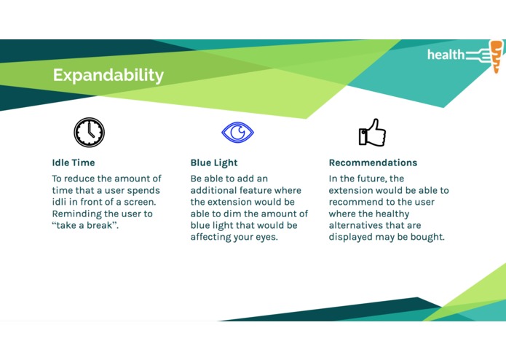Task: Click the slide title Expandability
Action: point(108,76)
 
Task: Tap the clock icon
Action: point(89,133)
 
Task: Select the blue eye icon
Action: point(237,132)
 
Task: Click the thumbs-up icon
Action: point(372,133)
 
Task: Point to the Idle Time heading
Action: point(74,163)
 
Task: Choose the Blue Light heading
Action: point(214,163)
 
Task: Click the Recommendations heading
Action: point(373,163)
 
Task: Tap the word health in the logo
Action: point(446,55)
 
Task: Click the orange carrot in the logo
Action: point(497,57)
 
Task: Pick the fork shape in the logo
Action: point(478,55)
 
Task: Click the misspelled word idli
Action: point(59,202)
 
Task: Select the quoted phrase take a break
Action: point(85,225)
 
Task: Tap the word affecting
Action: point(210,238)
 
